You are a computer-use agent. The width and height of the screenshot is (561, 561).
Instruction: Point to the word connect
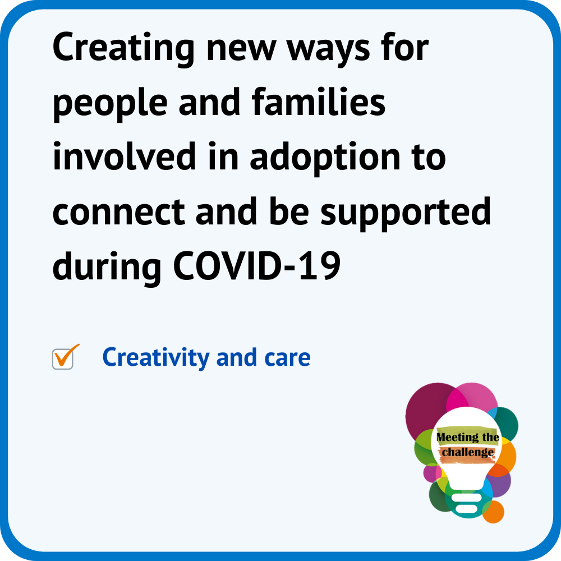(x=118, y=213)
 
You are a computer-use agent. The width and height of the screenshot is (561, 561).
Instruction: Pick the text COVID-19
(x=257, y=266)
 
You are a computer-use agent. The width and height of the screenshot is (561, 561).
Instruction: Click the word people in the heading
(x=110, y=104)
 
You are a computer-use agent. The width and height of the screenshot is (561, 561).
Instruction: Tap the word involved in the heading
(x=124, y=156)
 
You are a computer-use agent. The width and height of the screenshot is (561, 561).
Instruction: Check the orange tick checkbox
(x=64, y=358)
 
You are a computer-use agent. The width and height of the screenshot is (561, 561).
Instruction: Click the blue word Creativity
(x=155, y=358)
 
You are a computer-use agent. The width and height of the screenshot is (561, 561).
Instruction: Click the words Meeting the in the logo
(x=467, y=437)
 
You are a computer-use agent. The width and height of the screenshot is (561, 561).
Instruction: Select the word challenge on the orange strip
(x=468, y=453)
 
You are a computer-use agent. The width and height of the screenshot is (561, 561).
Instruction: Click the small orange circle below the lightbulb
(x=493, y=512)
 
